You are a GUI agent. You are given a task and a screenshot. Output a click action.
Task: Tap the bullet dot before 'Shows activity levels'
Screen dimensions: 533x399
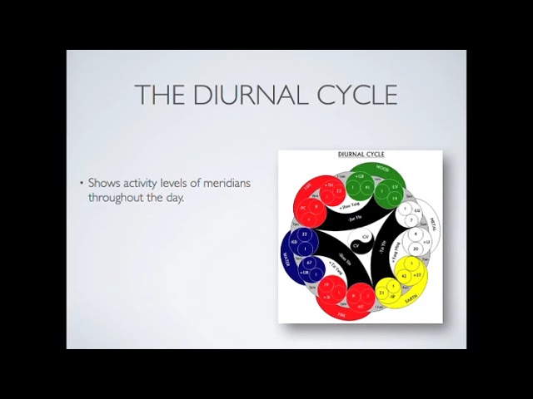click(82, 183)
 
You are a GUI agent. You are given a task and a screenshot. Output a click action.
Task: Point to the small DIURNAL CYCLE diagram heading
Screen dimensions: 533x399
click(360, 155)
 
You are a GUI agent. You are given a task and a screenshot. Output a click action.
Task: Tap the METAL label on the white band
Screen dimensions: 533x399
click(432, 223)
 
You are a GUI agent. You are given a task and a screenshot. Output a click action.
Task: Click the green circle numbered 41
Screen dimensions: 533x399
click(366, 187)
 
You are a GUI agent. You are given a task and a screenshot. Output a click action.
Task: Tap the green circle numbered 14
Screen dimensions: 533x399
click(396, 199)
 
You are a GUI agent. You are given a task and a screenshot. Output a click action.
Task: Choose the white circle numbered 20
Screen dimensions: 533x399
click(415, 249)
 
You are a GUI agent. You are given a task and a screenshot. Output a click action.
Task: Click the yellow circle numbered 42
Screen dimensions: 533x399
click(403, 275)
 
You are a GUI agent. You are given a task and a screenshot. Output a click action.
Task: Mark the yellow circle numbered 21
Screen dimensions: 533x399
click(381, 293)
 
